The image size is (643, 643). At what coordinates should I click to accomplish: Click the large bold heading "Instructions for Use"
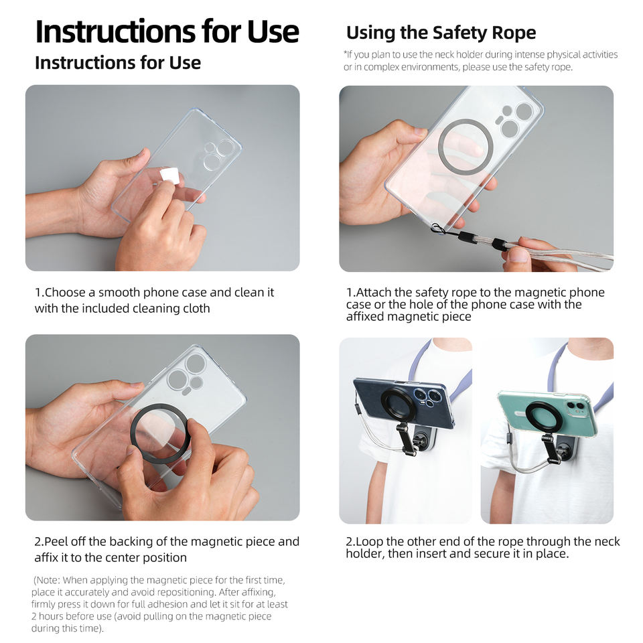point(167,31)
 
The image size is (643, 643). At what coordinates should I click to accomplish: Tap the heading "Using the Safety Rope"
point(441,33)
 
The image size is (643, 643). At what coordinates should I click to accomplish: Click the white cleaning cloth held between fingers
point(169,175)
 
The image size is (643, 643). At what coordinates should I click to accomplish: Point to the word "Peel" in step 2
point(56,542)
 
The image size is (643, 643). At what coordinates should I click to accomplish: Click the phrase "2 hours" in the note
point(47,616)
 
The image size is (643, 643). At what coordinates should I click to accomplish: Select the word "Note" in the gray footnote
point(48,580)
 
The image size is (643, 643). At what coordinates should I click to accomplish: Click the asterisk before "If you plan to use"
point(346,53)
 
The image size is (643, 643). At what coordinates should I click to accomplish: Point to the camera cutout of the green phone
point(577,407)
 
